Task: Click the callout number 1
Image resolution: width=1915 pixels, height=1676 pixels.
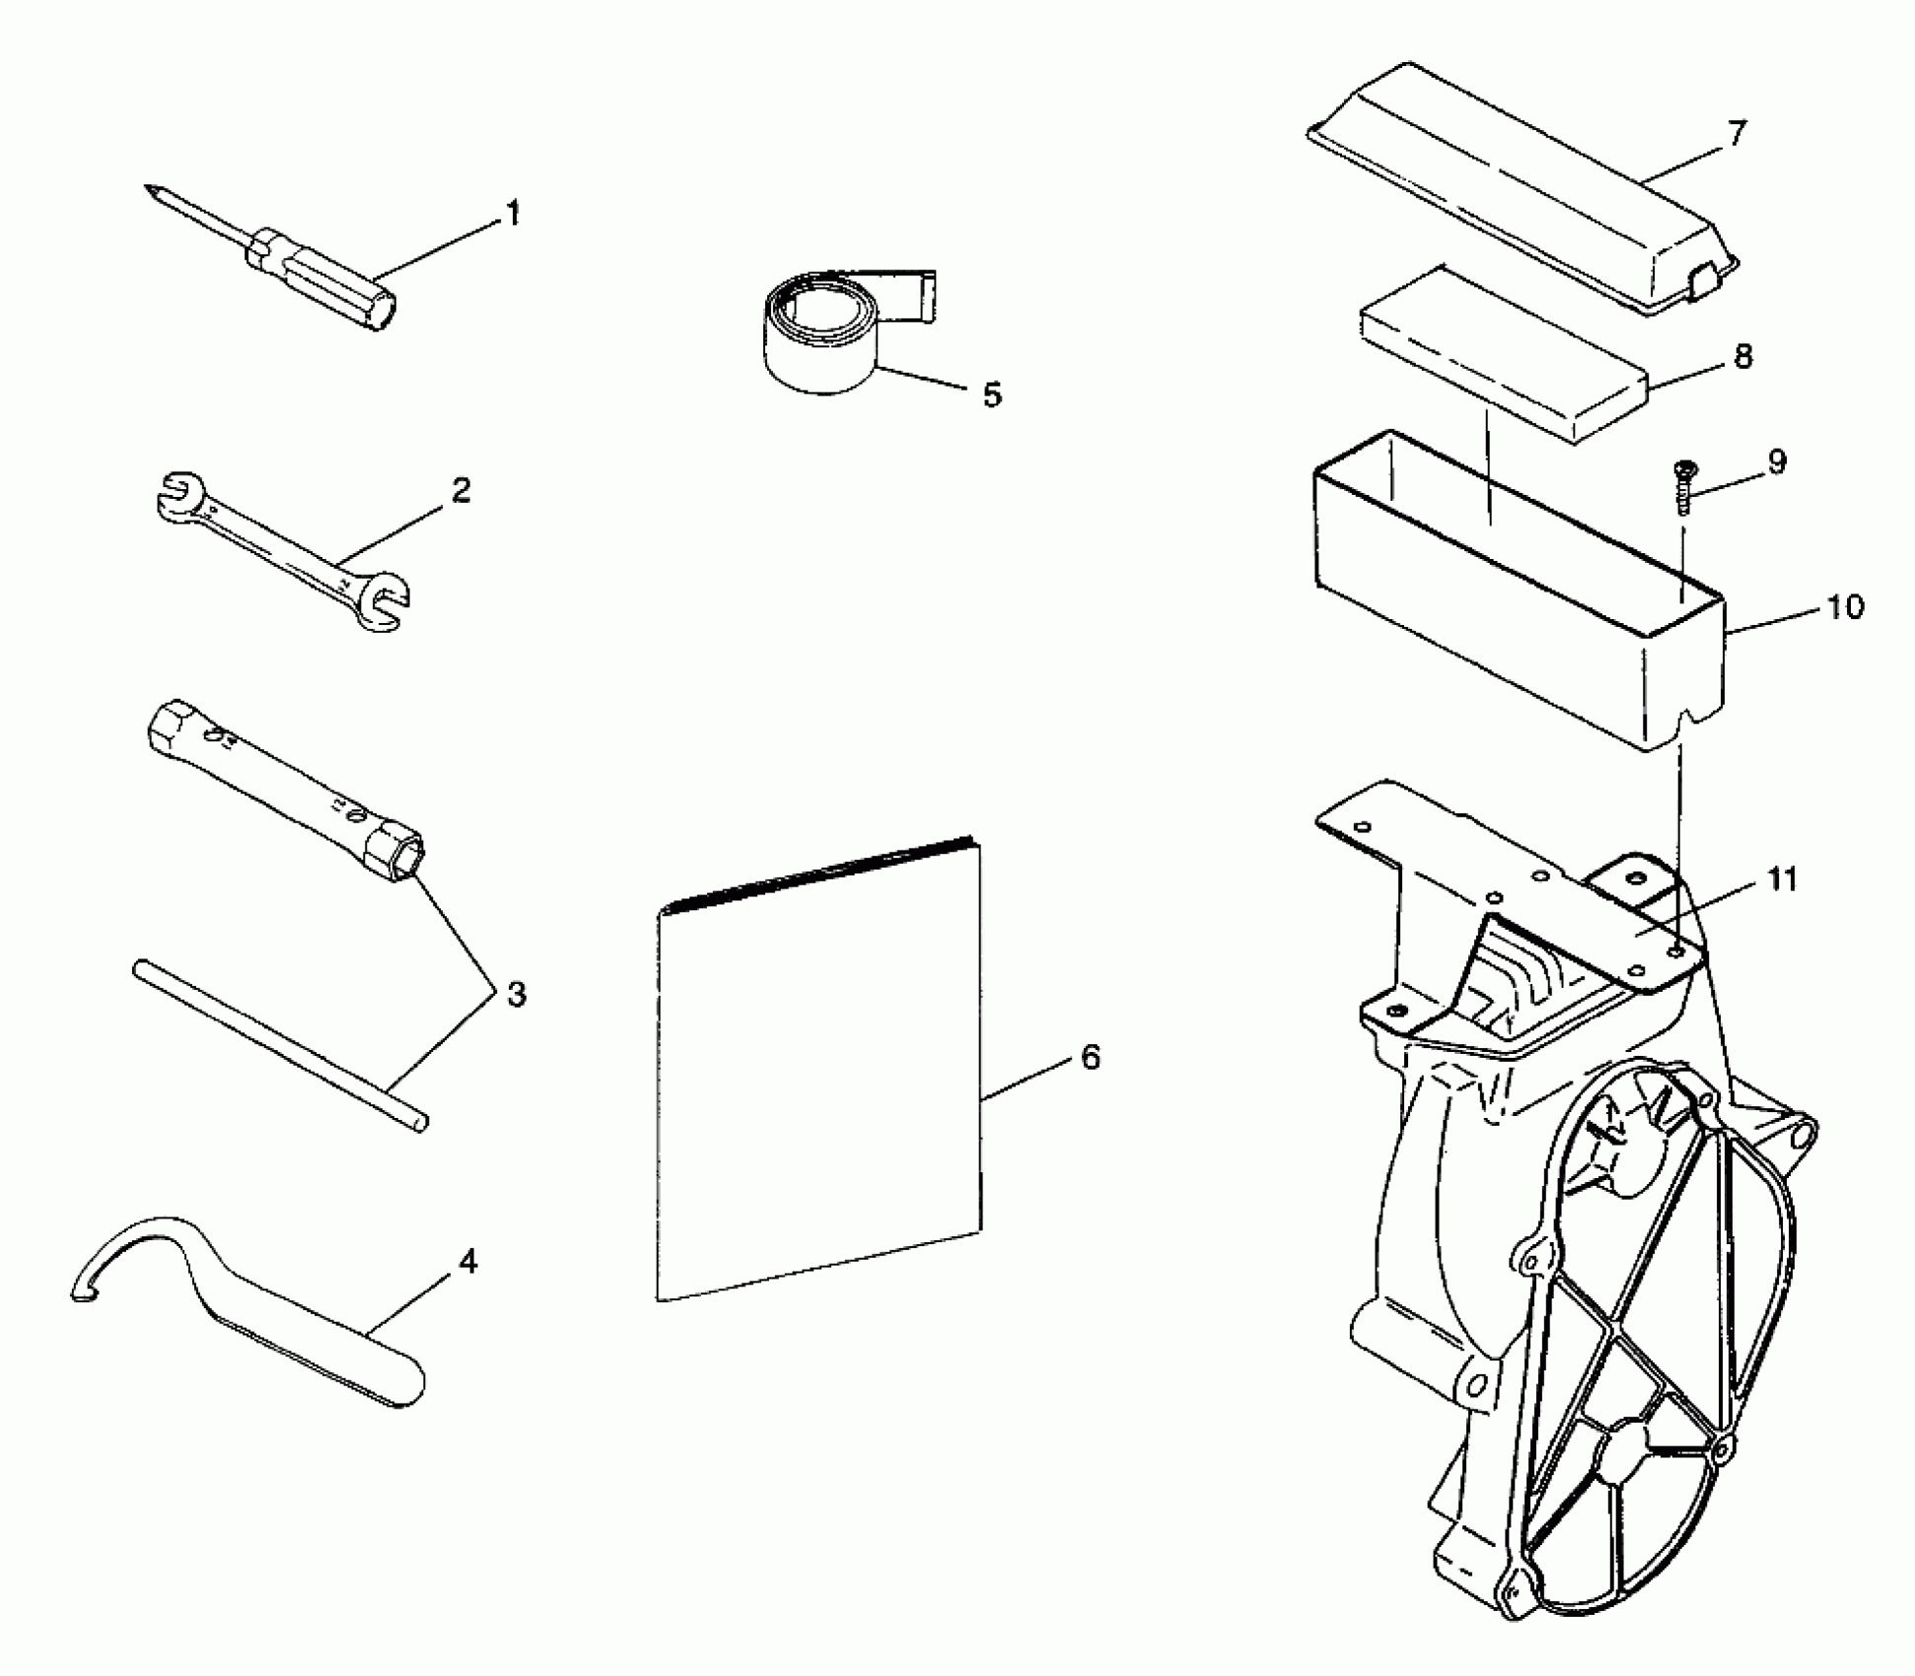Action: [512, 213]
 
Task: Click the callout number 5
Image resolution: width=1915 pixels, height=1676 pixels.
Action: [991, 394]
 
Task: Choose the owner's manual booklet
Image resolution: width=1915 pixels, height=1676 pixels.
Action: [818, 1075]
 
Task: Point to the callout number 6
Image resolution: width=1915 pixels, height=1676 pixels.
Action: [1090, 1057]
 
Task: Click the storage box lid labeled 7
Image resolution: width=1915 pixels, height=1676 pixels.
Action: [1519, 187]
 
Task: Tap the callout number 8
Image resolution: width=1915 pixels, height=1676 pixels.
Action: [1742, 356]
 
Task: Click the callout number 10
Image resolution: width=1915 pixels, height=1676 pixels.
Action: [1845, 606]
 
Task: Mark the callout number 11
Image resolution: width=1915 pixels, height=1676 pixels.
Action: [1781, 878]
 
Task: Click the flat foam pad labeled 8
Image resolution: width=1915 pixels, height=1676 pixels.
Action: [1504, 357]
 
